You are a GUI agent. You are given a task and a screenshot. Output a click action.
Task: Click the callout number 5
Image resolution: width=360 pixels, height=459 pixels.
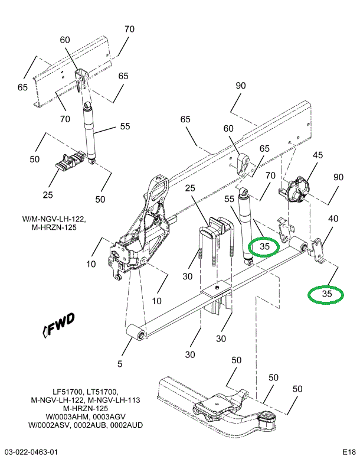pos(120,364)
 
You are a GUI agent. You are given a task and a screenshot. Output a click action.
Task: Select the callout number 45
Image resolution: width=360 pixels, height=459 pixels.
pos(318,155)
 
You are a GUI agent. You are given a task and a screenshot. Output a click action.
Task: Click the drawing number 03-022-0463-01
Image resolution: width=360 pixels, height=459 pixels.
pos(30,452)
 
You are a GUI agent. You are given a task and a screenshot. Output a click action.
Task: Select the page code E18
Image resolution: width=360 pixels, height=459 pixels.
pos(349,452)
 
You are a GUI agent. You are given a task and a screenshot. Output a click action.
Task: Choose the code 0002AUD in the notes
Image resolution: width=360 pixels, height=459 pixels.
pos(126,425)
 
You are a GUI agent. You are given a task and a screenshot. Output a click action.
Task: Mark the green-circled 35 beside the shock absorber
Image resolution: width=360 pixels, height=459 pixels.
pos(264,246)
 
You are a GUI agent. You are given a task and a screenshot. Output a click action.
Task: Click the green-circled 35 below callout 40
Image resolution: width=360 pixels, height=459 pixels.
pos(327,294)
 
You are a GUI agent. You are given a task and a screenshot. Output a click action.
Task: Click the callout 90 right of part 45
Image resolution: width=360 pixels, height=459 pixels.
pos(338,178)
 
